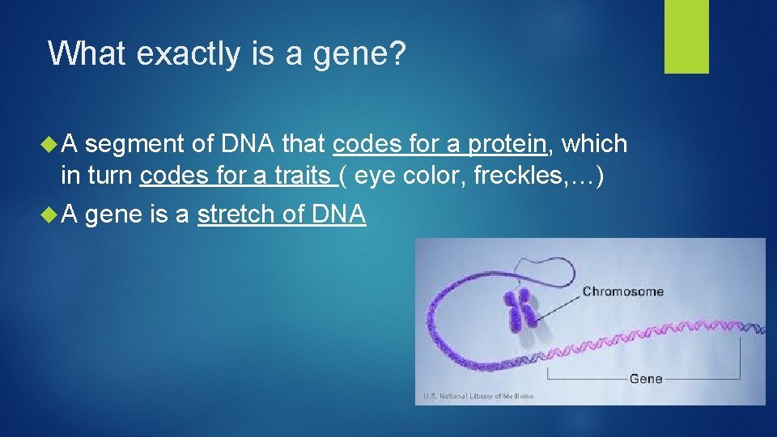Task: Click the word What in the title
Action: [85, 53]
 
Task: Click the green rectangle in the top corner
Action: [686, 36]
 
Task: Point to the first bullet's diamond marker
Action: [48, 144]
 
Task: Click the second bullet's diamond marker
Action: [48, 215]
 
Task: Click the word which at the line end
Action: [594, 144]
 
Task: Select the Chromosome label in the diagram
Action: [622, 291]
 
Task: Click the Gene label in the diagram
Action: [645, 378]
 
